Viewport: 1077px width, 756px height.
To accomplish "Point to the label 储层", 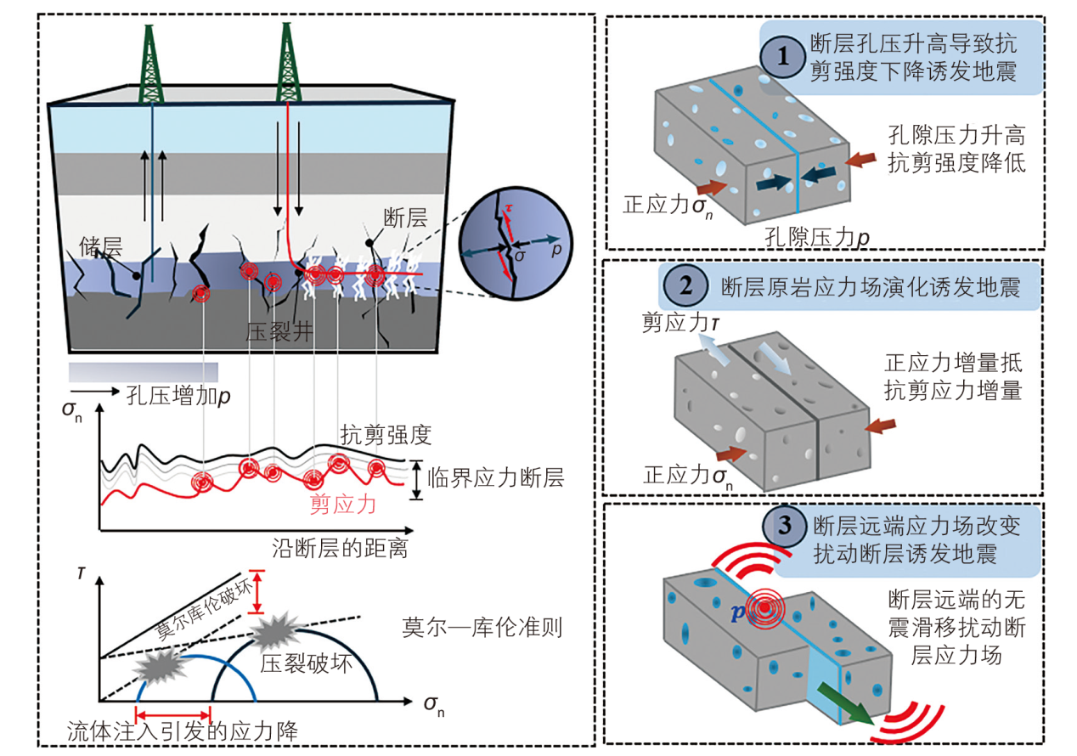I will pyautogui.click(x=102, y=247).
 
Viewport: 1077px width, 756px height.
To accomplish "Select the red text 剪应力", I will pyautogui.click(x=343, y=505).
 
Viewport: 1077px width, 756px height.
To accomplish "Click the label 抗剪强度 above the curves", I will pyautogui.click(x=386, y=435).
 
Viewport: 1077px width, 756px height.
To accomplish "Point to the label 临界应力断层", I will pyautogui.click(x=496, y=477).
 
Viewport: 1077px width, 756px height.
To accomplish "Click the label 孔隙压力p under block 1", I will pyautogui.click(x=806, y=236).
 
